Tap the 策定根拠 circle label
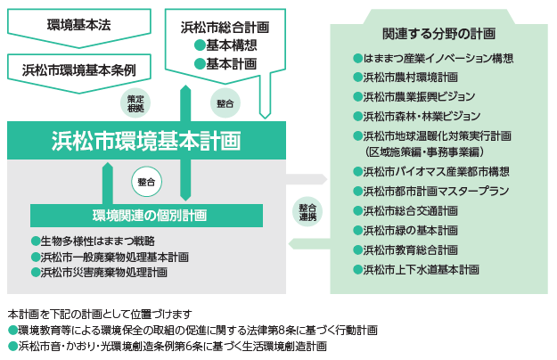point(135,102)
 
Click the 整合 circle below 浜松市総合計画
point(225,103)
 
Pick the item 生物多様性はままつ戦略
point(97,241)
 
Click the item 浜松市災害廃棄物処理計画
point(102,272)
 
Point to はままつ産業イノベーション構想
point(438,60)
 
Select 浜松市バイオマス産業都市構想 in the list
point(436,172)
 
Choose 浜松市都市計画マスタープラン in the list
point(436,191)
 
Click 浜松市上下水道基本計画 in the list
point(422,268)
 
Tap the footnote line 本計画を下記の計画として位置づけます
point(99,315)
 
